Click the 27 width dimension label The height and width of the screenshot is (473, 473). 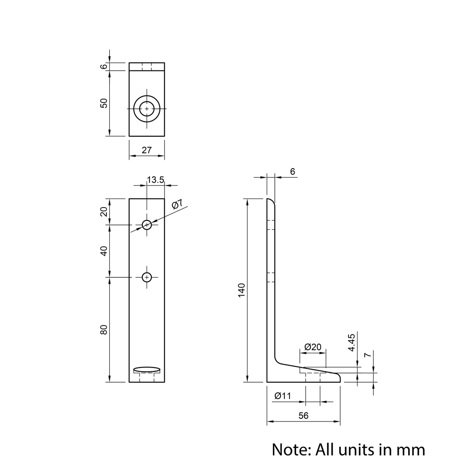(x=147, y=150)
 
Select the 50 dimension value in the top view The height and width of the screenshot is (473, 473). (x=104, y=103)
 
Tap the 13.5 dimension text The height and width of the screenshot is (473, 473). (x=156, y=180)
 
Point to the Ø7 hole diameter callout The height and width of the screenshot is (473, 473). (x=177, y=204)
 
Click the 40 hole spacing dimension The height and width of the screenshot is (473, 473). (x=104, y=251)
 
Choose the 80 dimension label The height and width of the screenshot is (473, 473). (x=104, y=330)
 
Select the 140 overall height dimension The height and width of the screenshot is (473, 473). (x=241, y=289)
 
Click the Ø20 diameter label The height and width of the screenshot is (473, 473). (x=313, y=347)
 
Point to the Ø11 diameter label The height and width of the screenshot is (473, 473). (x=283, y=396)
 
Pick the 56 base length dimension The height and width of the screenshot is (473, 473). (x=303, y=415)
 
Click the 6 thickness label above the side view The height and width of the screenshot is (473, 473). (x=292, y=172)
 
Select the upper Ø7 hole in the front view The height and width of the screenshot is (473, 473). (x=147, y=225)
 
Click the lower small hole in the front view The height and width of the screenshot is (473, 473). (x=147, y=277)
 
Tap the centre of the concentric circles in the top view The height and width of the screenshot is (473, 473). (x=147, y=109)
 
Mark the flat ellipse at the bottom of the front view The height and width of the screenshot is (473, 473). (x=147, y=369)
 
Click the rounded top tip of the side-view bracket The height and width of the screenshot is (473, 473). (x=271, y=201)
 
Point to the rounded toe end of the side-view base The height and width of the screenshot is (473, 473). (x=338, y=377)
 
